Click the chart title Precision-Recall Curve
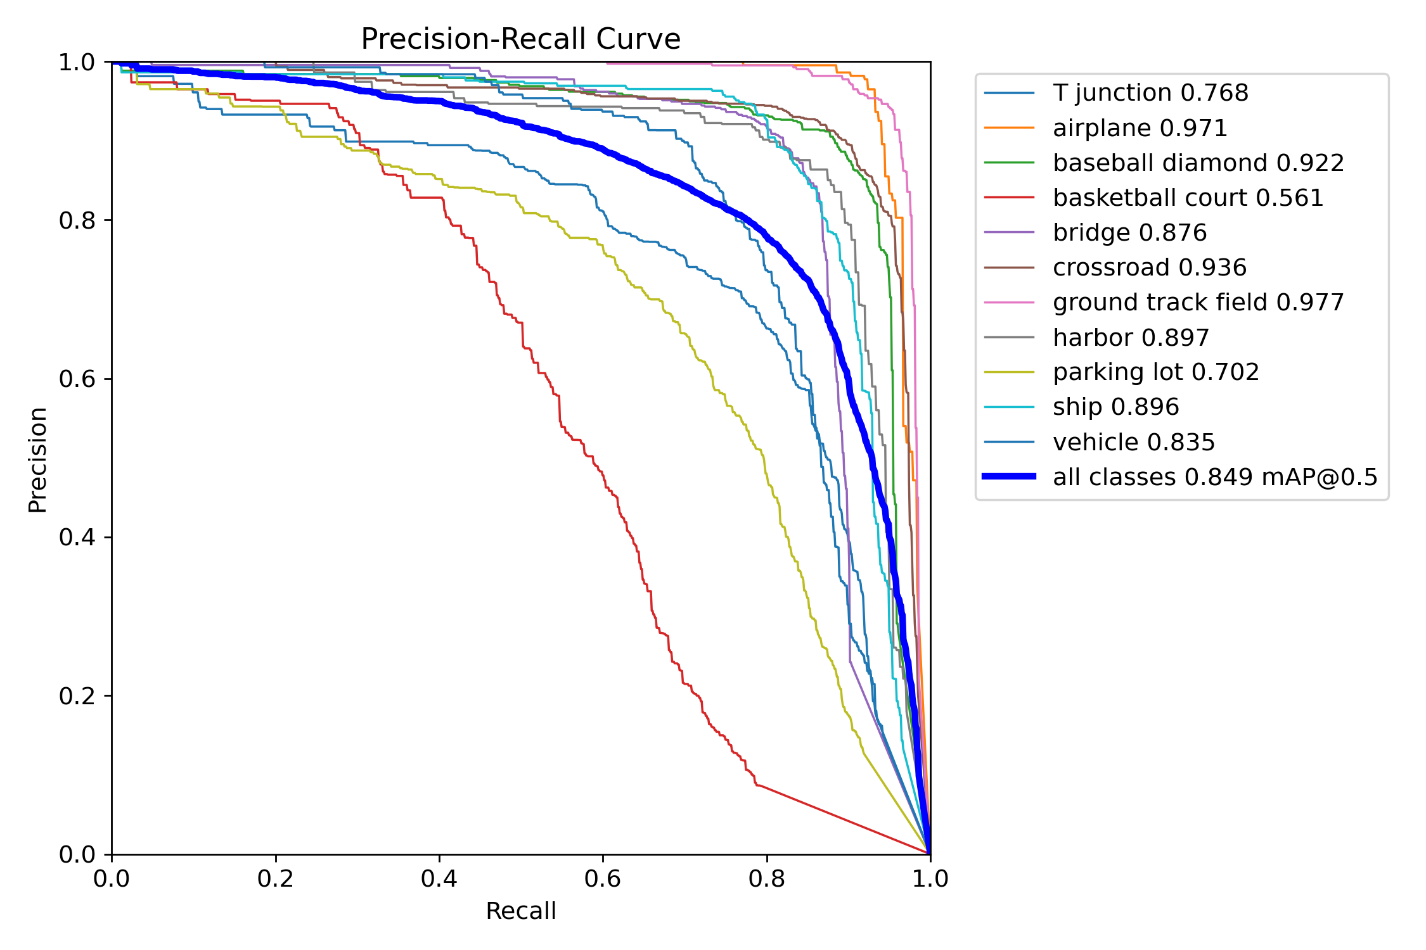click(x=520, y=39)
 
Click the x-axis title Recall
click(x=520, y=911)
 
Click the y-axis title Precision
click(x=37, y=460)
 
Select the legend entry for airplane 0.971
click(x=1140, y=129)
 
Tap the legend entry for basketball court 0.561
click(x=1188, y=198)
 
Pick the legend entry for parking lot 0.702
click(x=1155, y=372)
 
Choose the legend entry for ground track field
click(x=1198, y=303)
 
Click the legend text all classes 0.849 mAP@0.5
click(x=1215, y=478)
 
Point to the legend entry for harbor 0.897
click(x=1131, y=338)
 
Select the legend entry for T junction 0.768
click(x=1150, y=93)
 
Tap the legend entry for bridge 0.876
click(x=1129, y=233)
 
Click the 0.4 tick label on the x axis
click(x=439, y=879)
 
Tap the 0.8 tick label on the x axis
click(x=766, y=879)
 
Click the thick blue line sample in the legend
click(x=1009, y=476)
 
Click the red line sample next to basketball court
click(x=1009, y=198)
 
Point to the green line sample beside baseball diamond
click(x=1009, y=163)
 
